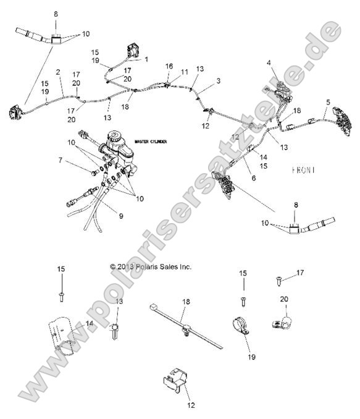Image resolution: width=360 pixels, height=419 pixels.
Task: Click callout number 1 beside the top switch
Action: click(147, 59)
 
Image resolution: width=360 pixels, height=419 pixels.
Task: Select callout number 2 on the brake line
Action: click(58, 72)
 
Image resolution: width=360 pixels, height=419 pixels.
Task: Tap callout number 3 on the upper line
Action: click(218, 80)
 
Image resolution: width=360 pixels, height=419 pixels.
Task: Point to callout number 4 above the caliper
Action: click(269, 62)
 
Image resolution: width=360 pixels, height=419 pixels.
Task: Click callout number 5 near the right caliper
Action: click(328, 102)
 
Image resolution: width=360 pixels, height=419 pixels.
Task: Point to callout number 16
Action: click(169, 66)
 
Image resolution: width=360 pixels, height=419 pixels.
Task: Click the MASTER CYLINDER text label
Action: click(151, 141)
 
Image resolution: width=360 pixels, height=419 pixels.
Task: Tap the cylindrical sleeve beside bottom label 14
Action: click(65, 335)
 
